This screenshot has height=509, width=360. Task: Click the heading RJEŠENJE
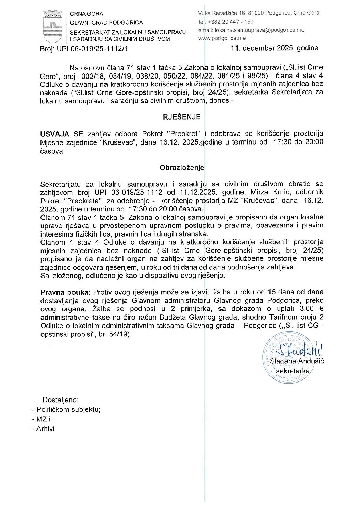tap(182, 117)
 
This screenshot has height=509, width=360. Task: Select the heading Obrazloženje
tap(182, 167)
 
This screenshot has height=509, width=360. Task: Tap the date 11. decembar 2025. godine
tap(274, 48)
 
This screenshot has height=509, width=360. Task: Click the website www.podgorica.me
tap(222, 38)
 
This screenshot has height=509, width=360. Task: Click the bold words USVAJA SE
tap(62, 134)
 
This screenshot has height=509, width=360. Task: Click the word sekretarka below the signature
tap(293, 371)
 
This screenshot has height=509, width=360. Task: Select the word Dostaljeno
tap(60, 400)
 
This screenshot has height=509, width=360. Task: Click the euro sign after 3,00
tap(320, 309)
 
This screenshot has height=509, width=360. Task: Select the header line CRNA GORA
tap(86, 14)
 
